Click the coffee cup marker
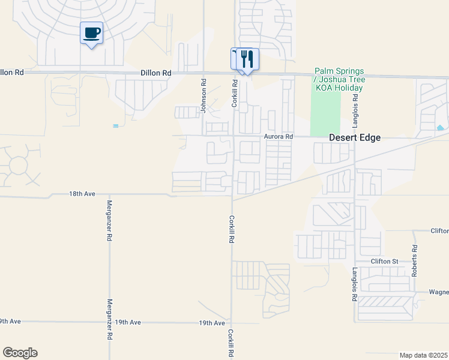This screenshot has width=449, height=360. (x=91, y=33)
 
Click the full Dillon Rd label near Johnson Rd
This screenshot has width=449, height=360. (x=156, y=73)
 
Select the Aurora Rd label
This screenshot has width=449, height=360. (x=278, y=137)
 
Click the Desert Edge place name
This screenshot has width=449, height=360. (x=355, y=137)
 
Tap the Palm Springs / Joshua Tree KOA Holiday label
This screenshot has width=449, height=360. (x=340, y=79)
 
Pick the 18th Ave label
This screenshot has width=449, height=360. (x=82, y=194)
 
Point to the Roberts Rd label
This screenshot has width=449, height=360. (x=414, y=260)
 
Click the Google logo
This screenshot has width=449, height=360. (x=20, y=353)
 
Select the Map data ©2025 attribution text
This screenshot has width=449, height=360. (x=423, y=355)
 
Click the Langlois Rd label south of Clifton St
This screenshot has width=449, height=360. (x=355, y=284)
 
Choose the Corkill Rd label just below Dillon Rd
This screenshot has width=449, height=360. (x=235, y=95)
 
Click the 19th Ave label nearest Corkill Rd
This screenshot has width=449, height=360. (x=212, y=323)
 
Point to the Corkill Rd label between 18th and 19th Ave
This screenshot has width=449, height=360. (x=231, y=229)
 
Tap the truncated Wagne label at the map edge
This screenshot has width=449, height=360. (x=439, y=293)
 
